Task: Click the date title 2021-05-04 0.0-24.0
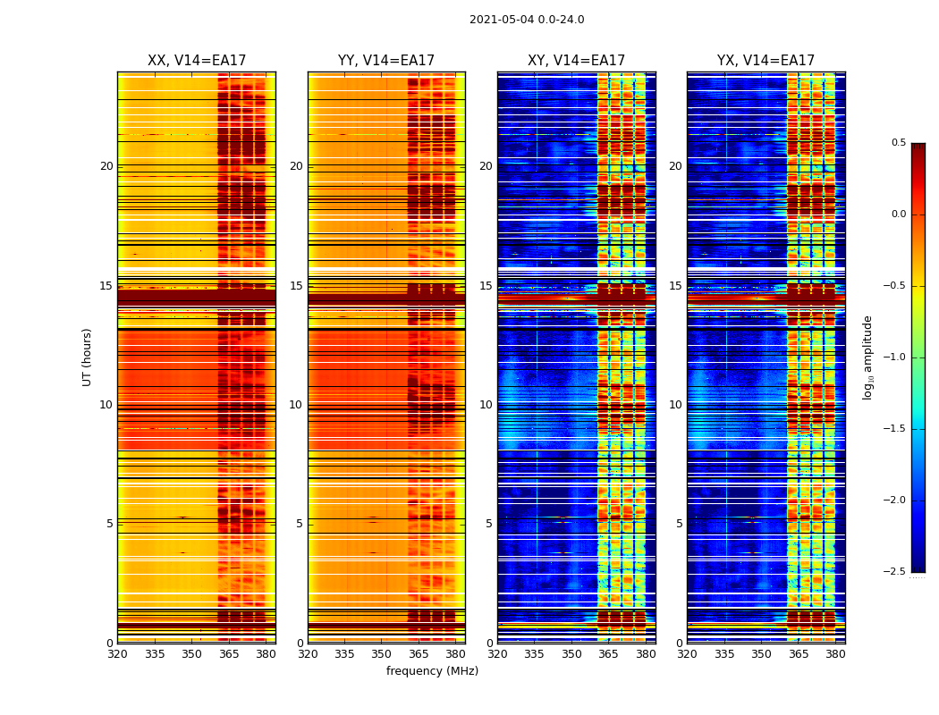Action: coord(527,20)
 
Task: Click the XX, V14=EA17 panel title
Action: coord(197,61)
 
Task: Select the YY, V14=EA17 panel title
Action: coord(386,61)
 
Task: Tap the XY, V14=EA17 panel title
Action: coord(576,61)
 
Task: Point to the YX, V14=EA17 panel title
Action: coord(766,61)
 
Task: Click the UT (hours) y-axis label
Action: coord(88,357)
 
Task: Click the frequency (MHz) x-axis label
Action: coord(432,671)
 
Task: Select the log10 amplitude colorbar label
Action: coord(867,357)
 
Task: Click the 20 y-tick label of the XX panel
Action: coord(106,166)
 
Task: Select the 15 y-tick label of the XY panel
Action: coord(486,286)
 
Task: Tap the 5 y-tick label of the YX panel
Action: coord(679,524)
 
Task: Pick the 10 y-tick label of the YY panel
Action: coord(296,405)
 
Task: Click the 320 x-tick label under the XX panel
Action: coord(117,654)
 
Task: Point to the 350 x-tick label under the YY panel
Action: coord(382,654)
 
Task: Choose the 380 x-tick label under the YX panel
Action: coord(835,654)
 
